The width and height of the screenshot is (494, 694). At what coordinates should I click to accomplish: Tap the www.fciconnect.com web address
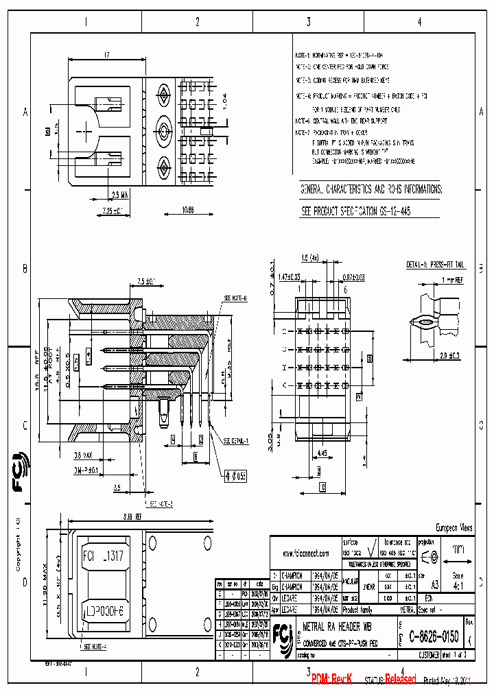click(x=306, y=553)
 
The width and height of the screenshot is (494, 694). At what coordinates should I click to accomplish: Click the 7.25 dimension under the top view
click(x=110, y=211)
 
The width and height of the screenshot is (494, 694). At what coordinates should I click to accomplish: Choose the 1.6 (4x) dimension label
click(x=310, y=258)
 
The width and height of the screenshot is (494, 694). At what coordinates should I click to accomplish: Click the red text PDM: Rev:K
click(x=331, y=678)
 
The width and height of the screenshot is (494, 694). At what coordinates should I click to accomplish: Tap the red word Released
click(x=399, y=679)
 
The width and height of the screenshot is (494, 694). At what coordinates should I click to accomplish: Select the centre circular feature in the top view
click(x=165, y=128)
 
